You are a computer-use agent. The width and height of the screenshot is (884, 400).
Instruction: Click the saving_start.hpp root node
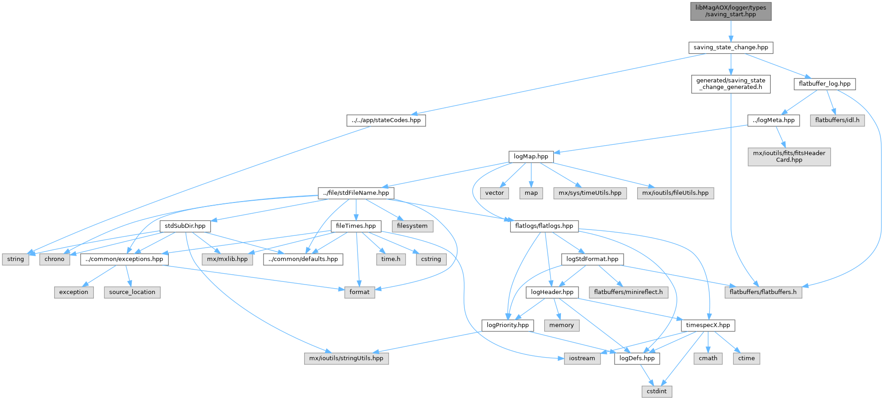(731, 11)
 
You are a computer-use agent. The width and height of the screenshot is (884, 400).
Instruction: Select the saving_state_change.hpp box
(731, 47)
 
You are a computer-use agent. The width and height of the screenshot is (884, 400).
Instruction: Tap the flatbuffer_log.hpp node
(824, 84)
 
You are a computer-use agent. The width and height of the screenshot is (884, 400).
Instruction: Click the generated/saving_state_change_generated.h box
(731, 84)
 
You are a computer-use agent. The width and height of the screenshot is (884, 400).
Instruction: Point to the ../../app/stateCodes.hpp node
(386, 120)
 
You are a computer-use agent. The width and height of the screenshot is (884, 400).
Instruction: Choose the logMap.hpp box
(531, 156)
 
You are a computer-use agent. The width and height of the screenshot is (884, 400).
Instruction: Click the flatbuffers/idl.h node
(837, 120)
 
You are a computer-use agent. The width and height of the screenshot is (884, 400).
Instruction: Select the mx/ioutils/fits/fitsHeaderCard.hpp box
(789, 156)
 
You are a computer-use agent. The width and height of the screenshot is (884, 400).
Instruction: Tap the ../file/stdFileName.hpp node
(356, 193)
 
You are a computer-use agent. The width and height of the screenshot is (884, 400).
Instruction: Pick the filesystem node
(412, 226)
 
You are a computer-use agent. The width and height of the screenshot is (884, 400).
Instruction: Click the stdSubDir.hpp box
(185, 226)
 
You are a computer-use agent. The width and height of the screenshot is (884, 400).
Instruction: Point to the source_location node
(132, 292)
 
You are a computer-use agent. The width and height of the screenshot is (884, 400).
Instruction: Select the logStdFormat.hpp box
(592, 259)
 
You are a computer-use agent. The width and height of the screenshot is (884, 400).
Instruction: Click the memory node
(561, 325)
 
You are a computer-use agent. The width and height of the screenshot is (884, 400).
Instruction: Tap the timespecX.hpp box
(708, 325)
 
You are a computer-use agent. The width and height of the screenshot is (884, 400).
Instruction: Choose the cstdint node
(657, 391)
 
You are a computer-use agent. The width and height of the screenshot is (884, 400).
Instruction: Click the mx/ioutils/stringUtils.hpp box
(346, 359)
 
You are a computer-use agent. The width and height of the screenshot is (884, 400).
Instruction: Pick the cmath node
(708, 359)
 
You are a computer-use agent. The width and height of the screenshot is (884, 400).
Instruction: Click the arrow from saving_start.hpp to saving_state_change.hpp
(731, 31)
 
